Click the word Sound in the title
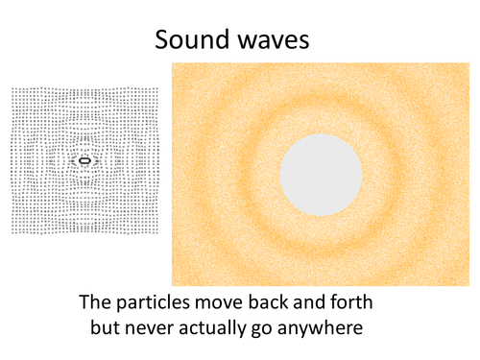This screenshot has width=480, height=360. click(x=193, y=39)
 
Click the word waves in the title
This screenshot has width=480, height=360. click(x=274, y=42)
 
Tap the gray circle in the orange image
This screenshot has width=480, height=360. click(x=321, y=175)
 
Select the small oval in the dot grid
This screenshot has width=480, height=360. click(x=84, y=160)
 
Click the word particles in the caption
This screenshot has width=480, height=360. click(x=153, y=302)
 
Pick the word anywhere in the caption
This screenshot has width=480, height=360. click(x=320, y=328)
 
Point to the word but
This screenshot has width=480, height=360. click(x=105, y=327)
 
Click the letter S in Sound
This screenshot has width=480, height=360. click(x=161, y=39)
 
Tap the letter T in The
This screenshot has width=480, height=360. click(x=84, y=302)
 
